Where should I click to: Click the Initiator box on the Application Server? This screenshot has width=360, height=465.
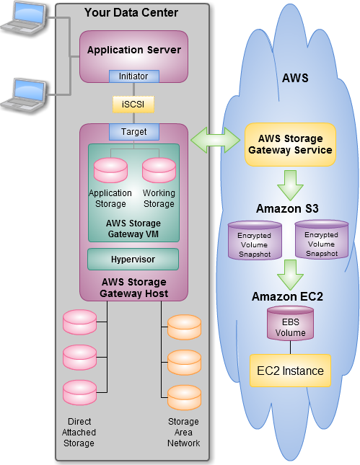pos(134,76)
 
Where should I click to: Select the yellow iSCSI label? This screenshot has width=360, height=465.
pos(133,105)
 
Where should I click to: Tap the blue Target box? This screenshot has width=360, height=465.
pos(134,132)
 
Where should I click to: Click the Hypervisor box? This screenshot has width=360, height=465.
pos(133,260)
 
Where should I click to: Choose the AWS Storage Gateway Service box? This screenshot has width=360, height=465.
pos(290,144)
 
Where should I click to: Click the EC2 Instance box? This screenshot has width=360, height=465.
pos(290,371)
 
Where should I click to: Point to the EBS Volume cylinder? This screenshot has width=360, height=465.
pos(290,324)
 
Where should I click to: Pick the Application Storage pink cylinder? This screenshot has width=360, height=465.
pos(110,170)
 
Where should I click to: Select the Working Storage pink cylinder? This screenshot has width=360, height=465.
pos(159,170)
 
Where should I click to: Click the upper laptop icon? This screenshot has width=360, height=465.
pos(24,19)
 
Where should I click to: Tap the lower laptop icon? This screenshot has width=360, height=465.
pos(24,95)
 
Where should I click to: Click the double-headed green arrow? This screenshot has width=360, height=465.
pos(215,140)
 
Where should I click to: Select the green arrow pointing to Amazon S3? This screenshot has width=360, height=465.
pos(290,185)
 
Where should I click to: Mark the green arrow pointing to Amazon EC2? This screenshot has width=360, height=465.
pos(290,275)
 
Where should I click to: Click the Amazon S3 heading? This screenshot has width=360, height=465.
pos(287,208)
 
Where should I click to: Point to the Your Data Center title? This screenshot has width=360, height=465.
pos(131,12)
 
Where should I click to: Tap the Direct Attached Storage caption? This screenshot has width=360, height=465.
pos(79,432)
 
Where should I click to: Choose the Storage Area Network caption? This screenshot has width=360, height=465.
pos(183,432)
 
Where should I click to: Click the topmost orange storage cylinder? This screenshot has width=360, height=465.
pos(184,327)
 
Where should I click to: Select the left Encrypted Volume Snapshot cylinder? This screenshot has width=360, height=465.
pos(255,240)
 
